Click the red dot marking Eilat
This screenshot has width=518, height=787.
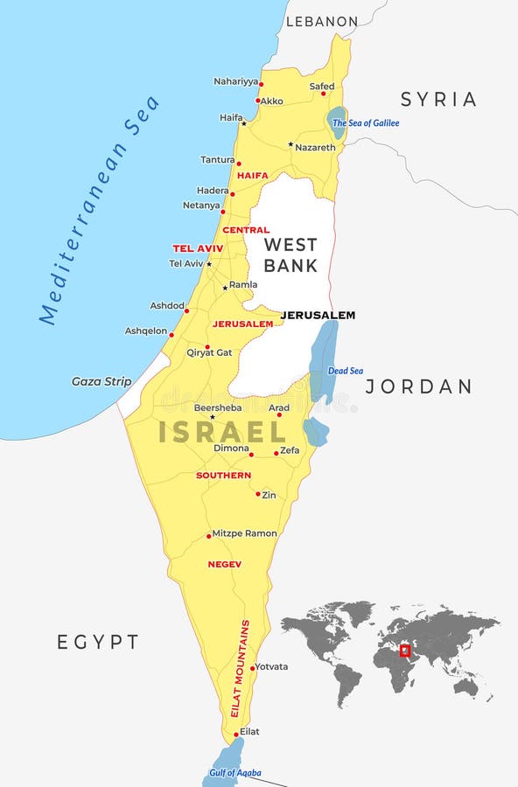(x=236, y=735)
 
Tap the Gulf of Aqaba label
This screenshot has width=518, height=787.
(x=234, y=774)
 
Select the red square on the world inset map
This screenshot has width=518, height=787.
(x=404, y=651)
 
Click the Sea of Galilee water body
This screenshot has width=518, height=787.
(x=337, y=122)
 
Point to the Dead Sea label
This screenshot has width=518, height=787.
(x=345, y=371)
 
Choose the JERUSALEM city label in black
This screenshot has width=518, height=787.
(x=318, y=315)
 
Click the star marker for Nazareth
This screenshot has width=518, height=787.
(x=290, y=144)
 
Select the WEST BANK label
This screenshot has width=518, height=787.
(x=290, y=254)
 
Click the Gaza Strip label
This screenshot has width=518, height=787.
(x=101, y=381)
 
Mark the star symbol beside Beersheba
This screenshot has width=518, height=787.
(x=212, y=416)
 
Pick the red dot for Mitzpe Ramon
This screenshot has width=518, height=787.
(x=208, y=535)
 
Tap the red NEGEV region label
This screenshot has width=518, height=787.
(x=225, y=565)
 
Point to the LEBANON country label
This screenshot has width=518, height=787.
(x=322, y=21)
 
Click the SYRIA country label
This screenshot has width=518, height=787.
(x=438, y=100)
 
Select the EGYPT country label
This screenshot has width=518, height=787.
(x=98, y=642)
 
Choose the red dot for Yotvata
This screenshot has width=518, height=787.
(x=252, y=669)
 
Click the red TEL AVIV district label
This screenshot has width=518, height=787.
(x=198, y=248)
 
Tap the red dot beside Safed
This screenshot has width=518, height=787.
(x=323, y=94)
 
